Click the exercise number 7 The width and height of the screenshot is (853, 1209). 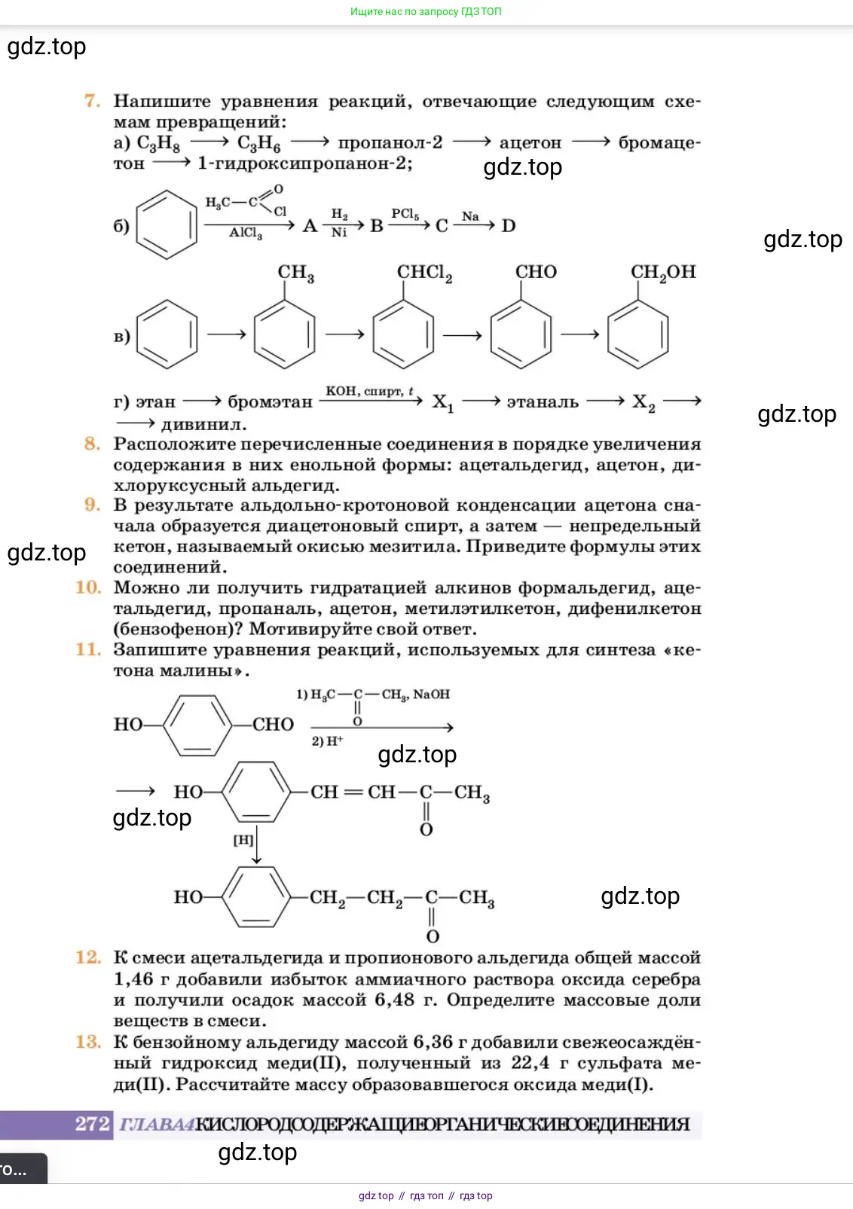pyautogui.click(x=93, y=101)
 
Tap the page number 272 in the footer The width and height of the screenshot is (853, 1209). pyautogui.click(x=92, y=1124)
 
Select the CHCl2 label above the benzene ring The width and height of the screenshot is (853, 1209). pyautogui.click(x=424, y=273)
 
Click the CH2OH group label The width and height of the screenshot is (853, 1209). pyautogui.click(x=662, y=273)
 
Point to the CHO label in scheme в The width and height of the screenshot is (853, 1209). pyautogui.click(x=536, y=272)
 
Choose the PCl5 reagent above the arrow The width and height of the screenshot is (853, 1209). pyautogui.click(x=405, y=214)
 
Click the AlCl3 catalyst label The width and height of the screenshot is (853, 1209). pyautogui.click(x=246, y=234)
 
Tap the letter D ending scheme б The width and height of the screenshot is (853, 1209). pyautogui.click(x=509, y=226)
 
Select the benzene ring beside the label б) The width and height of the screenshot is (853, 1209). pyautogui.click(x=166, y=225)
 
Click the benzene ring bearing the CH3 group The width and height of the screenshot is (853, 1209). pyautogui.click(x=284, y=334)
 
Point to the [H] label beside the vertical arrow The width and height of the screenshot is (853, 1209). pyautogui.click(x=243, y=840)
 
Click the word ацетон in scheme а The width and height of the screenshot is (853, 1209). pyautogui.click(x=530, y=142)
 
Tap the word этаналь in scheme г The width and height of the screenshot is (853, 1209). pyautogui.click(x=543, y=402)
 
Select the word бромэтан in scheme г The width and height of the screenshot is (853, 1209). pyautogui.click(x=270, y=402)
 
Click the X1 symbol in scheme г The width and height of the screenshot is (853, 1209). pyautogui.click(x=442, y=403)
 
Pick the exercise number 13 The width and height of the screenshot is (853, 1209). pyautogui.click(x=88, y=1042)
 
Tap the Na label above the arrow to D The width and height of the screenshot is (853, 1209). pyautogui.click(x=470, y=216)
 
